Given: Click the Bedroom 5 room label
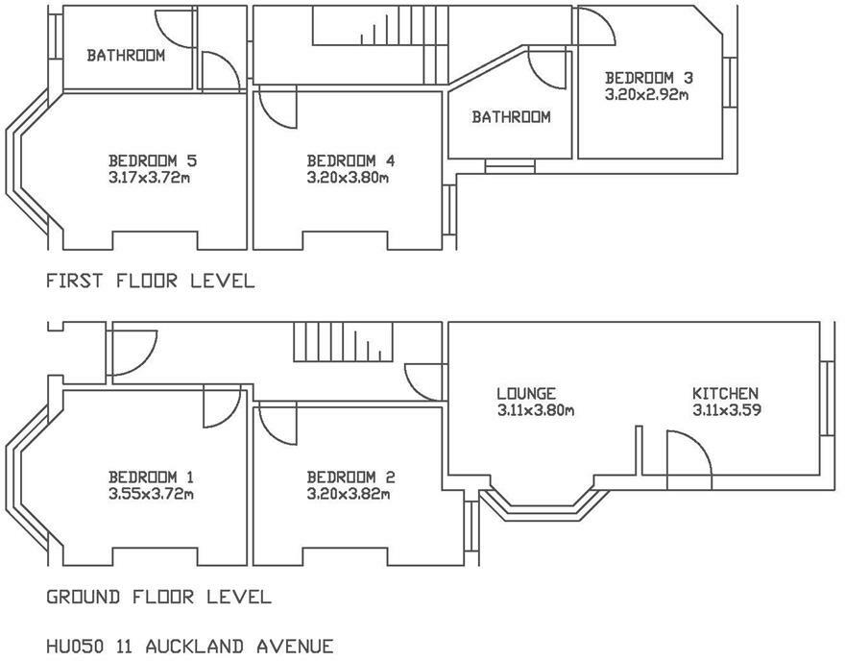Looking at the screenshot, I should (153, 160).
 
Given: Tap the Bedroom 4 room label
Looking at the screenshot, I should (350, 160).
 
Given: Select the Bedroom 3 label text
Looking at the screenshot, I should (648, 78).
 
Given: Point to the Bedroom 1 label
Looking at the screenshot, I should (151, 477).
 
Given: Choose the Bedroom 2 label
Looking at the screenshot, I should (350, 477).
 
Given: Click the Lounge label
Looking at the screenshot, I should (526, 394).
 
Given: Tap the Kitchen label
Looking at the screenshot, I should (726, 394).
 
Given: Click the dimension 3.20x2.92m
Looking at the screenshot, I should (648, 95).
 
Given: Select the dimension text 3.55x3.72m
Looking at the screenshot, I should (151, 495).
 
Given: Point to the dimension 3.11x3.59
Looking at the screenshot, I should (728, 410).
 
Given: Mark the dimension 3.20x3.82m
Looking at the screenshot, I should (350, 495).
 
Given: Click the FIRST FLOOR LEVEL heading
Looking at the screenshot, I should (150, 282).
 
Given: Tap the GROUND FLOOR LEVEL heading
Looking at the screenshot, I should (158, 598).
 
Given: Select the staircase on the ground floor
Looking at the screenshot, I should (343, 341).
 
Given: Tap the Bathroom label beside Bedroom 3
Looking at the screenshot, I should (511, 117).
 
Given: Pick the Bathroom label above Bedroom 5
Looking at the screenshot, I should (126, 56).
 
